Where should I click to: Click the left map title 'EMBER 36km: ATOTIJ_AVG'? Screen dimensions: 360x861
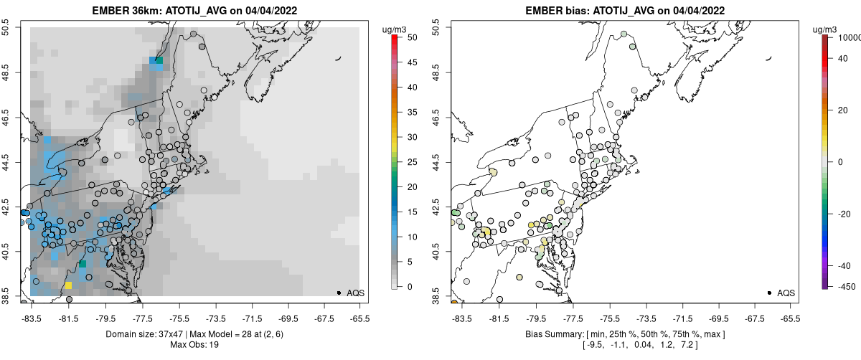[161, 11]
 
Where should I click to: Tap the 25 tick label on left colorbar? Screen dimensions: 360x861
[407, 162]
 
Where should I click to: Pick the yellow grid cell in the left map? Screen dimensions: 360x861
[69, 285]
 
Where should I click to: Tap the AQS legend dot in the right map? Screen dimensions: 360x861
[769, 293]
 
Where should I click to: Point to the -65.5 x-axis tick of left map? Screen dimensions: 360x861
[359, 316]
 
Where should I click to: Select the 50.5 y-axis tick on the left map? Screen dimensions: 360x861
[6, 28]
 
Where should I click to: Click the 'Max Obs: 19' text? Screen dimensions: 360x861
[193, 345]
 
